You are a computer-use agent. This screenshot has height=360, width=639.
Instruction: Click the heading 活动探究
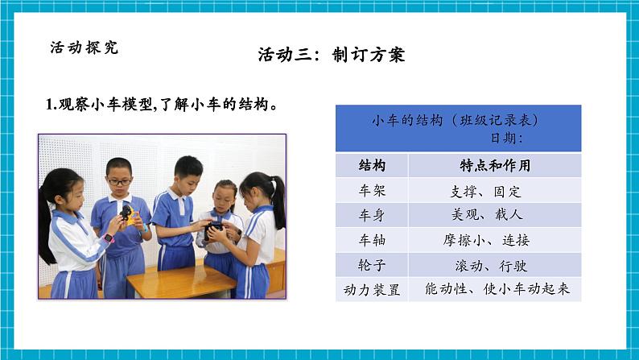(x=84, y=48)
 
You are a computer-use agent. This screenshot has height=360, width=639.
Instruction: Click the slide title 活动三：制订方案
(x=331, y=55)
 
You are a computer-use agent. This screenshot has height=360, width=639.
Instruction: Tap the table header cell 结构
(x=371, y=166)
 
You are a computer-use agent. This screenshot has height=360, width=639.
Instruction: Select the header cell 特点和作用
(x=494, y=166)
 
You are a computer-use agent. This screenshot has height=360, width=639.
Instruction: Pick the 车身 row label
(x=371, y=215)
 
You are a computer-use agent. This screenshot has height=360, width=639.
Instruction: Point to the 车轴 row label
(x=371, y=240)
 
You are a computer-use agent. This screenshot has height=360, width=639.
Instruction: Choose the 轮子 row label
(x=371, y=264)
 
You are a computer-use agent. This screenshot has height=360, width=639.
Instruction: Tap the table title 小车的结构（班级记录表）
(x=455, y=120)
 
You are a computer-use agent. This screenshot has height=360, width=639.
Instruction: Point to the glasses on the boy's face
(x=119, y=182)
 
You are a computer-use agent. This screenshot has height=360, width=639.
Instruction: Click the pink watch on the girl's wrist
(x=110, y=238)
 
